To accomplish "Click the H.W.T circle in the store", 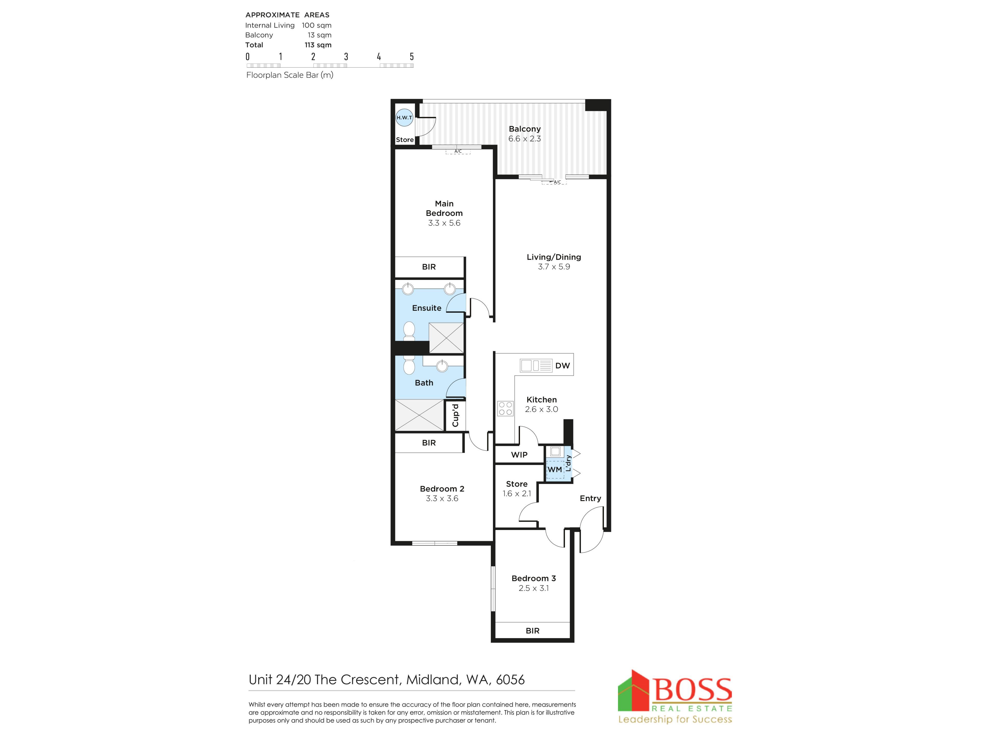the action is tap(404, 118).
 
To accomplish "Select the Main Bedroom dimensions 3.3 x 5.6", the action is tap(444, 223).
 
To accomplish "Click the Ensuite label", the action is tap(427, 308).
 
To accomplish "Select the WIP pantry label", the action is tap(519, 455).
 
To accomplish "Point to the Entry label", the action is tap(590, 498).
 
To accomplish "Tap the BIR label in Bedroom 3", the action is tap(532, 631).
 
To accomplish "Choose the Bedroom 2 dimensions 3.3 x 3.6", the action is tap(442, 498).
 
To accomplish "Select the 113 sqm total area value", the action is tap(318, 45).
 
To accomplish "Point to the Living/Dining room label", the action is tap(554, 257).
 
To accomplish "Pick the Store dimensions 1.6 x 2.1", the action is tap(517, 493).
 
